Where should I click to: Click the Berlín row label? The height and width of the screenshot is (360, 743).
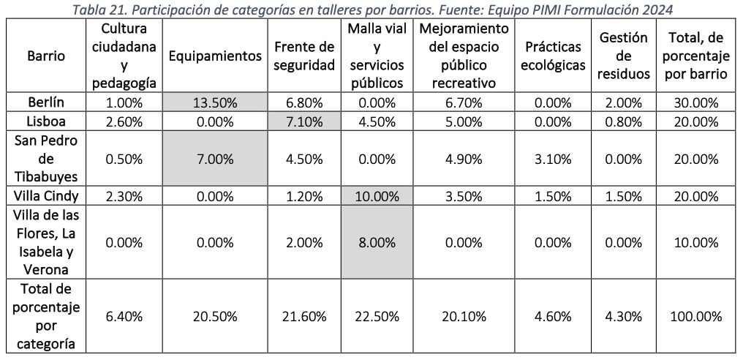click(45, 102)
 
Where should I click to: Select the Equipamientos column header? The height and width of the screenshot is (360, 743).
click(215, 56)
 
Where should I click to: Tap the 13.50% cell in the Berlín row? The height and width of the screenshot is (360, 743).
click(215, 102)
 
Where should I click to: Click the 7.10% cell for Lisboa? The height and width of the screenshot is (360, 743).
click(304, 121)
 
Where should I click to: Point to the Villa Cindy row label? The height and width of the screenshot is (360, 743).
click(45, 195)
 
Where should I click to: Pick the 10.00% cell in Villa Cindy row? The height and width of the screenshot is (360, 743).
click(376, 195)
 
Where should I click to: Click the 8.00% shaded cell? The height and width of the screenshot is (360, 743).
click(376, 242)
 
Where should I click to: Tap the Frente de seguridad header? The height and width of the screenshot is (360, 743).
click(304, 56)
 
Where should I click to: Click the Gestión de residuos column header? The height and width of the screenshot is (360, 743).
click(622, 56)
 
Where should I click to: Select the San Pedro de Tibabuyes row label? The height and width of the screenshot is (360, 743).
click(45, 159)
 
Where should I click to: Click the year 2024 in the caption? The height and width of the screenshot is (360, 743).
click(657, 10)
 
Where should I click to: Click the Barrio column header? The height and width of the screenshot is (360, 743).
click(45, 56)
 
